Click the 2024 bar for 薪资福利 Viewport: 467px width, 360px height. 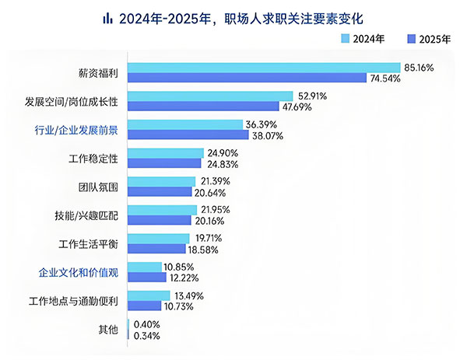(263, 68)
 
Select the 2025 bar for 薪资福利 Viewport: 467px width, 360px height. (246, 78)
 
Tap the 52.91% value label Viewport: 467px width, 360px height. (311, 96)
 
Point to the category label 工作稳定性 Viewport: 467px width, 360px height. (93, 159)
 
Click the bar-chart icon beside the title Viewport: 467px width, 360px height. (107, 17)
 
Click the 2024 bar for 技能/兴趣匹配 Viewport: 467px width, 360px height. (162, 210)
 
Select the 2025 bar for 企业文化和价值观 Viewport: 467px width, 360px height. (146, 278)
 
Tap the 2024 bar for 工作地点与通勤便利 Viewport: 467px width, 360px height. (148, 295)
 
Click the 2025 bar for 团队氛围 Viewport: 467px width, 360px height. (160, 192)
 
